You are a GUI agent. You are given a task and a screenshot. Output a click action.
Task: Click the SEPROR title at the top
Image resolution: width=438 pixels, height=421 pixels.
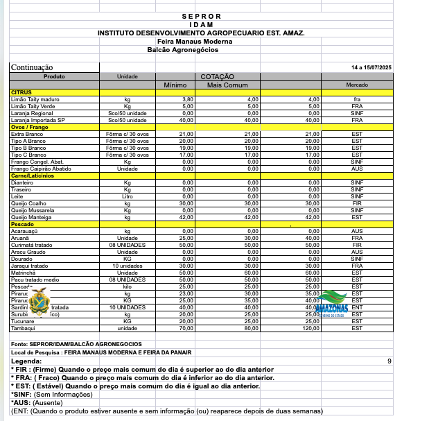201,16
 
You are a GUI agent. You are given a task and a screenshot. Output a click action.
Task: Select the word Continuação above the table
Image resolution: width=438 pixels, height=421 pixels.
37,67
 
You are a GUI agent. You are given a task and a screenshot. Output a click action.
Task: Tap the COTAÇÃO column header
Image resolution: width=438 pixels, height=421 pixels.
218,76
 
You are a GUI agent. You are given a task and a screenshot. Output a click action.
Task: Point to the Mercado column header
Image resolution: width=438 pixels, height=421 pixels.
357,85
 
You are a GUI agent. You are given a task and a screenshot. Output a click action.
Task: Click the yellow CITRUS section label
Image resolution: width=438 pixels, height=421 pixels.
21,92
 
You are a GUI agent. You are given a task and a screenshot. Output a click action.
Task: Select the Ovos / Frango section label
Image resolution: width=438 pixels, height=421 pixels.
30,127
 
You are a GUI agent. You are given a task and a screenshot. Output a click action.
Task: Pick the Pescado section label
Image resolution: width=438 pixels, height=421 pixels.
23,224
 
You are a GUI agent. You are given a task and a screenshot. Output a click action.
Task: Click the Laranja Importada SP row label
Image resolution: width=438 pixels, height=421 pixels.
37,120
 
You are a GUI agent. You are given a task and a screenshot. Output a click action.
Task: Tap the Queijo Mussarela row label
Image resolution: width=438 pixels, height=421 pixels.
33,210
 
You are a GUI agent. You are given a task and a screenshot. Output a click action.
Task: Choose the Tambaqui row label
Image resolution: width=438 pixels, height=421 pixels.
25,328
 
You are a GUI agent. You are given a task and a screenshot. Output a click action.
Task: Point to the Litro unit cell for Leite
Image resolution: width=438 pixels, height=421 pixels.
128,196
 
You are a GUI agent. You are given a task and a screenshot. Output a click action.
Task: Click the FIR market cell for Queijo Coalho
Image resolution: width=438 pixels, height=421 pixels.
357,203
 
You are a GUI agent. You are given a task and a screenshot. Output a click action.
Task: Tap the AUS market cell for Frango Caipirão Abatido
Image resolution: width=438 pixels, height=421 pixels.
357,169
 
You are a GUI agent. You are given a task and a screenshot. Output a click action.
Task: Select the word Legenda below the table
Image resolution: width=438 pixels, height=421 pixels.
26,361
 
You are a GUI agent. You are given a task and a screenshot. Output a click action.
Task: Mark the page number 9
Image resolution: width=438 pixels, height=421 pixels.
389,361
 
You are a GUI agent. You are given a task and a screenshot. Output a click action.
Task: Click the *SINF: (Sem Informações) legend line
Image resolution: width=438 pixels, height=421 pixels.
51,394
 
